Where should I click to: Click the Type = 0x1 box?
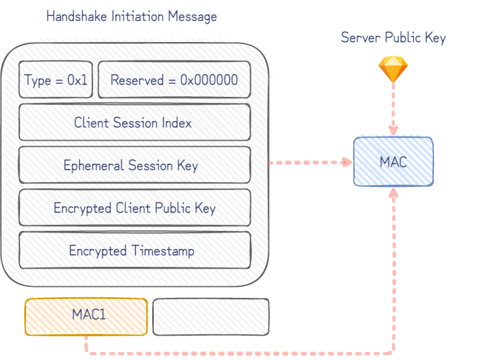56,80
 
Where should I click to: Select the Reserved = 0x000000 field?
174,80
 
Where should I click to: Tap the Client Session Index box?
134,122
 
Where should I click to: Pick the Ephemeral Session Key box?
134,165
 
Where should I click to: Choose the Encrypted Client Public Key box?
134,208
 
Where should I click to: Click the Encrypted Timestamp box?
134,250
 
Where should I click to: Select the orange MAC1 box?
86,316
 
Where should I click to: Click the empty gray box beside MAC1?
210,316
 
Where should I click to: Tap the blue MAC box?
393,161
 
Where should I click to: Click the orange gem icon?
393,69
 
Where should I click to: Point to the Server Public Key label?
393,38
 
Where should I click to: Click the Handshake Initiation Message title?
131,16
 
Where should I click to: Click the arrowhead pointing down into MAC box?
393,131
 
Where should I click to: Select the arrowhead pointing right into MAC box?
348,162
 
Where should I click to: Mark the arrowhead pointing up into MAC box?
393,192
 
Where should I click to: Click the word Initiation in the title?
132,16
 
